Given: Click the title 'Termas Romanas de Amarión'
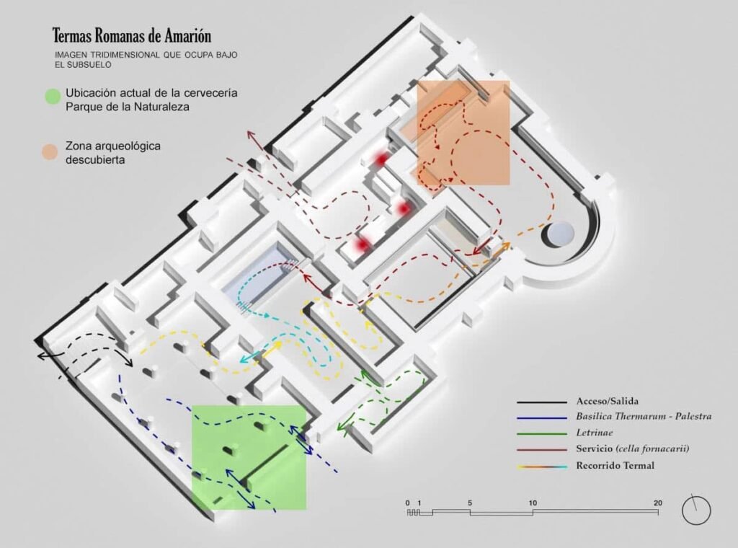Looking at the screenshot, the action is pyautogui.click(x=132, y=36).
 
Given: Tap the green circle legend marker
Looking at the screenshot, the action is pyautogui.click(x=53, y=97).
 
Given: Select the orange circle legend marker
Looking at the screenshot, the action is pyautogui.click(x=50, y=152).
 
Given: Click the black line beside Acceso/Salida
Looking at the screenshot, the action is pyautogui.click(x=542, y=402).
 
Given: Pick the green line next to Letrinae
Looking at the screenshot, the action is pyautogui.click(x=542, y=433).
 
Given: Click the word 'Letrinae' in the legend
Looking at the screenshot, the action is pyautogui.click(x=595, y=433).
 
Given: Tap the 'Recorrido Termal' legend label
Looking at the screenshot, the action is pyautogui.click(x=615, y=466).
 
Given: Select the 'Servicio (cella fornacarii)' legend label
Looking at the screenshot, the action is pyautogui.click(x=633, y=448).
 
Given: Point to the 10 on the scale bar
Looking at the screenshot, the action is pyautogui.click(x=533, y=503).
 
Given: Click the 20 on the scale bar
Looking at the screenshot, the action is pyautogui.click(x=657, y=503).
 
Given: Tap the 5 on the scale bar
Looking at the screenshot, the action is pyautogui.click(x=470, y=503).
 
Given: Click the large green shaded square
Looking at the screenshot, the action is pyautogui.click(x=249, y=458).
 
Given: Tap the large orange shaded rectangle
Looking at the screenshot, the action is pyautogui.click(x=463, y=132).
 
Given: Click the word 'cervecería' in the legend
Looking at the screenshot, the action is pyautogui.click(x=210, y=93).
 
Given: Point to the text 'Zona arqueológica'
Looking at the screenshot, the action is pyautogui.click(x=113, y=146).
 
